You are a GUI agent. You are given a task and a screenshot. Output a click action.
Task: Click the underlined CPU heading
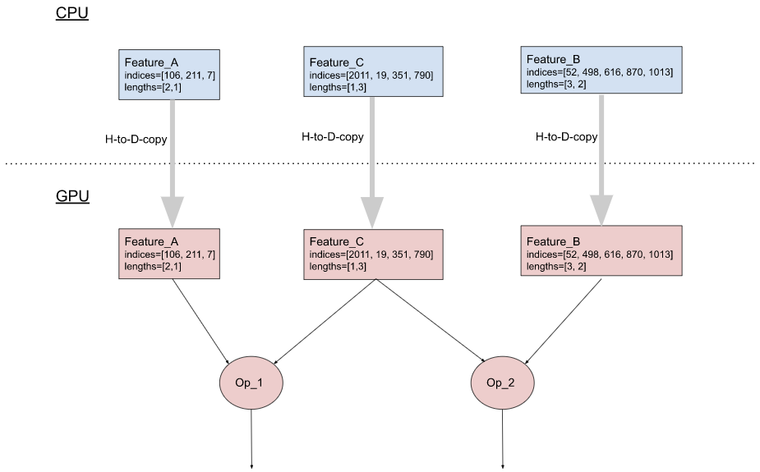71,14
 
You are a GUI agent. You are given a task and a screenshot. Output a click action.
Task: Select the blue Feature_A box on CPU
170,75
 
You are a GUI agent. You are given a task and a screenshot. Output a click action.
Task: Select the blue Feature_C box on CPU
373,75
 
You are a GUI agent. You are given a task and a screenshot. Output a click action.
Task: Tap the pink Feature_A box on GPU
170,254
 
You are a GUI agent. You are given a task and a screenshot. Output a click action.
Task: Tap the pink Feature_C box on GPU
373,254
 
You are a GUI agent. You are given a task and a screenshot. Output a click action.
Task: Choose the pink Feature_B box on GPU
601,250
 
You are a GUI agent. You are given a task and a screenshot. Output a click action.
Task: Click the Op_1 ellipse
251,383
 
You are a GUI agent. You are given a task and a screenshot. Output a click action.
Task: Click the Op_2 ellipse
502,383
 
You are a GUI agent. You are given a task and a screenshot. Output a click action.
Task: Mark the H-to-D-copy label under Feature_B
566,137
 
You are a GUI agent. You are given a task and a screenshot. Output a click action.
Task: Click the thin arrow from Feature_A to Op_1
200,322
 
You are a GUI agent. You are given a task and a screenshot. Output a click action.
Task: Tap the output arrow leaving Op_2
502,439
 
